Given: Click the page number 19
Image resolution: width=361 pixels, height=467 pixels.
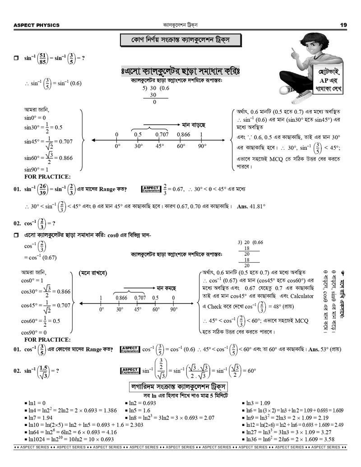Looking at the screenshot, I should [x=343, y=25].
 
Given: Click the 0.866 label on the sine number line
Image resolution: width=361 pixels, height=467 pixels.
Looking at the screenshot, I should [x=183, y=134].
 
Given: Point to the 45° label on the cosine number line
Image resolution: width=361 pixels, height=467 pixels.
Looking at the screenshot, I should [x=138, y=310].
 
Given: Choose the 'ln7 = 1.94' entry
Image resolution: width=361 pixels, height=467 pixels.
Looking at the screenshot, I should [x=40, y=418].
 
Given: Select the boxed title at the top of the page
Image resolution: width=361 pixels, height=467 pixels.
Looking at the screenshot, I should [x=180, y=40].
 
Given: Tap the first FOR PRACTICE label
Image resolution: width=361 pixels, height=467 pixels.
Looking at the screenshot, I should [x=47, y=176].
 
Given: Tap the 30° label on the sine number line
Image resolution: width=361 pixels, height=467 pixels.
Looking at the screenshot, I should [x=138, y=146].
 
